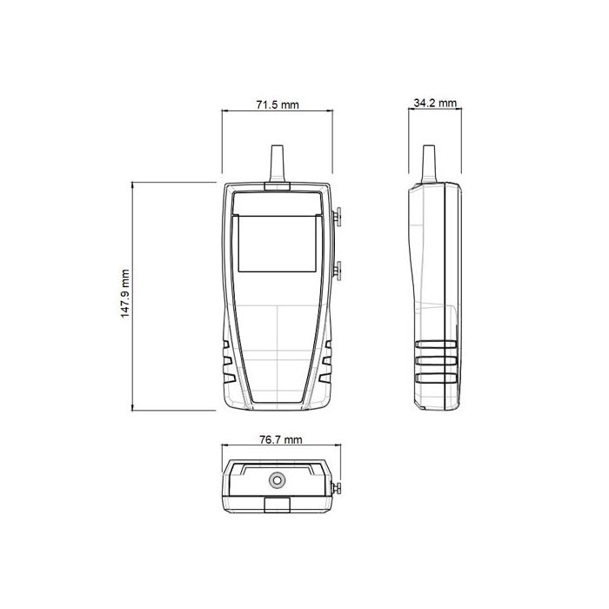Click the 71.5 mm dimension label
point(277,104)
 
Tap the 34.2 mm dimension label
point(435,103)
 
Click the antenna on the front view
point(278,163)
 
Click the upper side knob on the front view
point(338,215)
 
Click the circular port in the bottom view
point(278,478)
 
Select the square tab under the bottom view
point(278,505)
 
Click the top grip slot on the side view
point(437,345)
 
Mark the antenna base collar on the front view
point(278,186)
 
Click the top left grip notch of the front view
point(227,345)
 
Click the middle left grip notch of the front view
point(227,361)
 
